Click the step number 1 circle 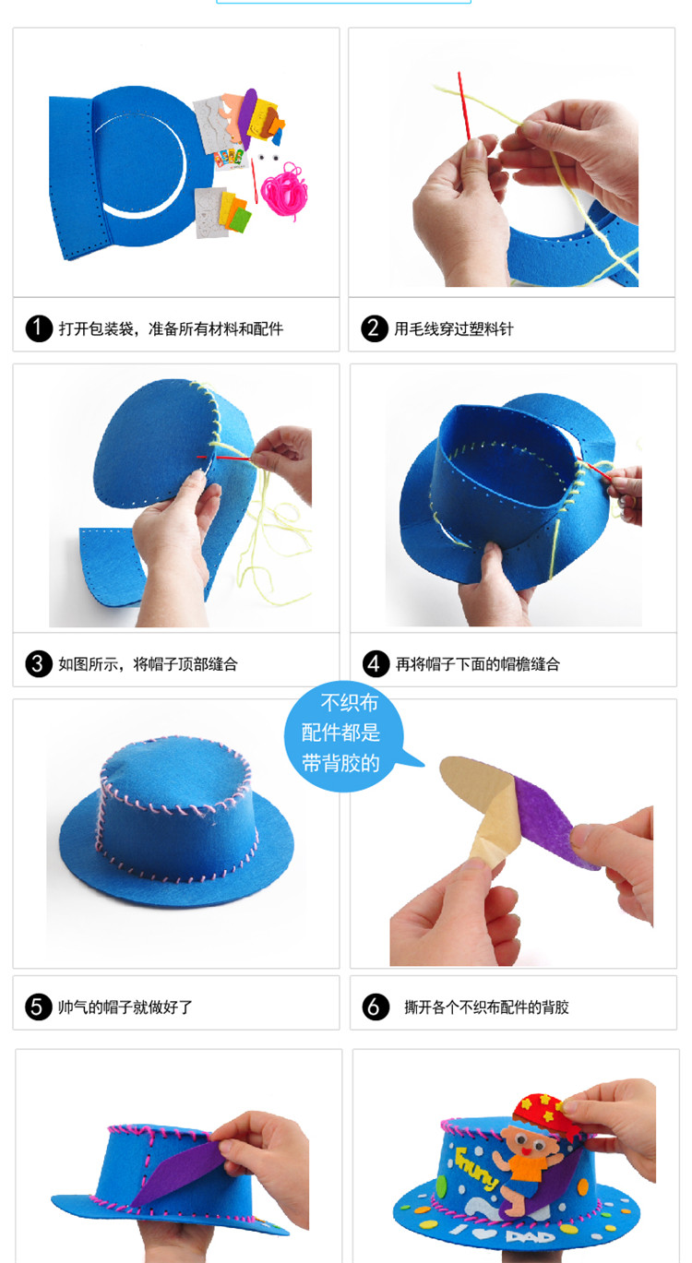click(39, 328)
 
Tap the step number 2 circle click(375, 328)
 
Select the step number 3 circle click(39, 664)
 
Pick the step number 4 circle click(376, 664)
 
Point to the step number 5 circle click(37, 1007)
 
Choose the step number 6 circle click(376, 1007)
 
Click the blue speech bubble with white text click(345, 735)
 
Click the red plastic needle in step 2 click(463, 105)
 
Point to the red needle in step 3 click(225, 458)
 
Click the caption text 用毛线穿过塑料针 click(454, 328)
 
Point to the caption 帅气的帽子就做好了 click(125, 1007)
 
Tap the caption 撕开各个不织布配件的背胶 click(486, 1007)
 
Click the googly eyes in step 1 click(268, 157)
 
